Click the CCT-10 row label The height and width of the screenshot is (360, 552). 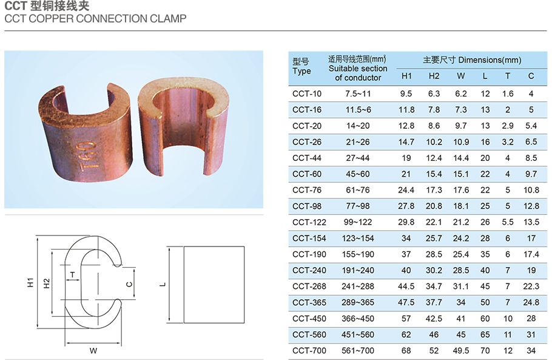point(306,93)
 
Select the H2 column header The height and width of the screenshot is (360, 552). point(434,76)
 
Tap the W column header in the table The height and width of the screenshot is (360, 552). point(461,76)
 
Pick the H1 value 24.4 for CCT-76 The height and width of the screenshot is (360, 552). point(406,190)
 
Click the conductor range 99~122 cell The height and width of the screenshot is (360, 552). point(358,222)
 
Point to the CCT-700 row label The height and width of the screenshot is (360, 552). point(309,351)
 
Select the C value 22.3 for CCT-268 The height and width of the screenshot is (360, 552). point(531,287)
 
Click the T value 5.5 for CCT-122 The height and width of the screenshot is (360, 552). point(507,222)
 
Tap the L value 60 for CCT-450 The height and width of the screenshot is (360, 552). point(485,319)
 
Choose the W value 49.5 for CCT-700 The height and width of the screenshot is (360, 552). point(461,351)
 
